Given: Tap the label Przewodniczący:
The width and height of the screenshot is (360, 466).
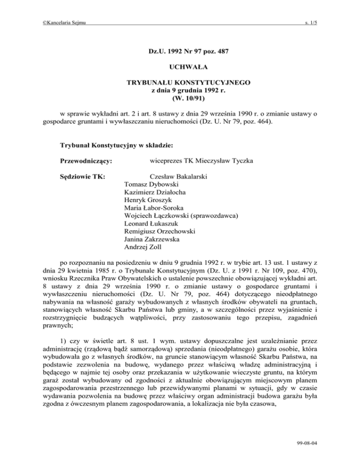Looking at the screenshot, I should tap(86, 161).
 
